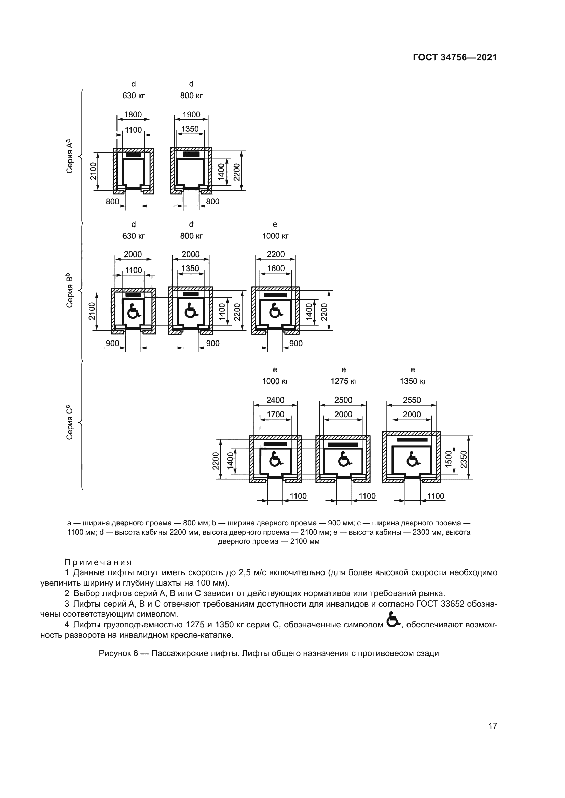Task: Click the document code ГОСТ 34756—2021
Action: (455, 58)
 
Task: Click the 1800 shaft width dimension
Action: (133, 115)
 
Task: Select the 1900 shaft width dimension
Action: (191, 115)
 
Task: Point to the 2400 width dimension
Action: (275, 400)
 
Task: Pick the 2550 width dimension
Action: (412, 400)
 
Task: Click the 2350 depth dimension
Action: (464, 459)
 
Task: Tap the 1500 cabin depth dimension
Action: (449, 459)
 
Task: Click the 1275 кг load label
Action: (344, 381)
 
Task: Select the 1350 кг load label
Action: (413, 381)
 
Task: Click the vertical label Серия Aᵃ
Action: (70, 156)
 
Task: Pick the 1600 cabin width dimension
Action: (276, 269)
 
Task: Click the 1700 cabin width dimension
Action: (276, 414)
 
